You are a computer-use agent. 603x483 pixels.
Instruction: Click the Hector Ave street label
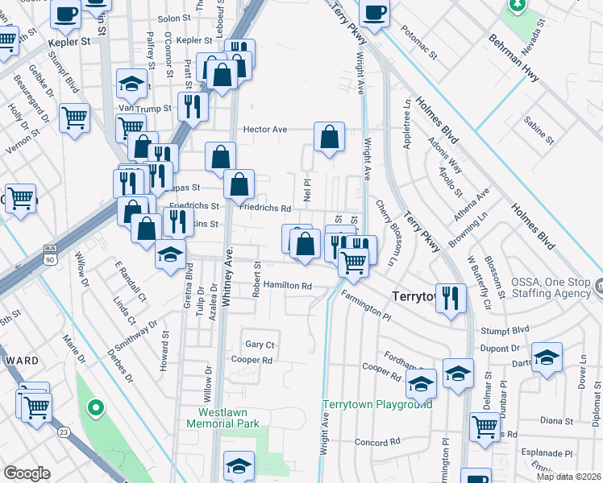click(x=265, y=129)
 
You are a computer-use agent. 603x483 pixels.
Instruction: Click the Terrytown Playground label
click(x=377, y=404)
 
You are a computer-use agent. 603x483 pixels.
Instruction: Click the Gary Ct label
click(x=260, y=344)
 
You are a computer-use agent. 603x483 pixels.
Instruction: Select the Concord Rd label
click(x=377, y=442)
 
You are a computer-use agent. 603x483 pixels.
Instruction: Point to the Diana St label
click(x=556, y=420)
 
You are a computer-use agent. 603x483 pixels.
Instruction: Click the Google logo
click(x=27, y=473)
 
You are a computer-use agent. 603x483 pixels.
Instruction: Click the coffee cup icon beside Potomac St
click(x=375, y=13)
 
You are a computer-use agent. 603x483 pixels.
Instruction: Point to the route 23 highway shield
click(x=63, y=432)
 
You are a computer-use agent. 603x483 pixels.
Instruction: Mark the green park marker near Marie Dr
click(x=95, y=408)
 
